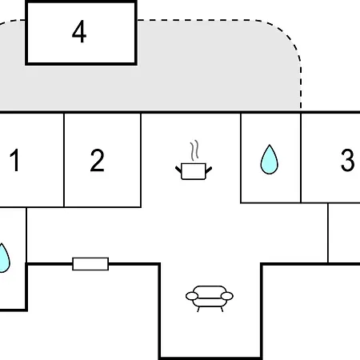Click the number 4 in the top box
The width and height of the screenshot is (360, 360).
[79, 31]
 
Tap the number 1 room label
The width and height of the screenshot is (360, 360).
[15, 160]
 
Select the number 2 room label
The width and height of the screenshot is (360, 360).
[97, 160]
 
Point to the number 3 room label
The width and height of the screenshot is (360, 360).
[348, 160]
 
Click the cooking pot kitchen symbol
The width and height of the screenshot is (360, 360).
[194, 171]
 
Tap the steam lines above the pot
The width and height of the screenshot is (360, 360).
[195, 150]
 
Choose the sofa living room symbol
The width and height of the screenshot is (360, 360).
[210, 298]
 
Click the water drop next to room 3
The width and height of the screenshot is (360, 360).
[270, 159]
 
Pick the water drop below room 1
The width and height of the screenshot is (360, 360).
[4, 258]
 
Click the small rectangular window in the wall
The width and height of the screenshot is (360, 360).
[90, 264]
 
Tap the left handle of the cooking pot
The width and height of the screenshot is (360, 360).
[178, 170]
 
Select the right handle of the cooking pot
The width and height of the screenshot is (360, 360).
[209, 170]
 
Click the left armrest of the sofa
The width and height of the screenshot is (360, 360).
[192, 296]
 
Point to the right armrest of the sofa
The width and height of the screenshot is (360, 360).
[227, 296]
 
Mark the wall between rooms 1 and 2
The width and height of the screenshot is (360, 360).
[64, 160]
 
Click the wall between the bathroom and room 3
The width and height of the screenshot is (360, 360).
[301, 158]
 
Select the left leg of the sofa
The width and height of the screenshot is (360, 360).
[198, 310]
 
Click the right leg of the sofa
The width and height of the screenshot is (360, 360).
[222, 310]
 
